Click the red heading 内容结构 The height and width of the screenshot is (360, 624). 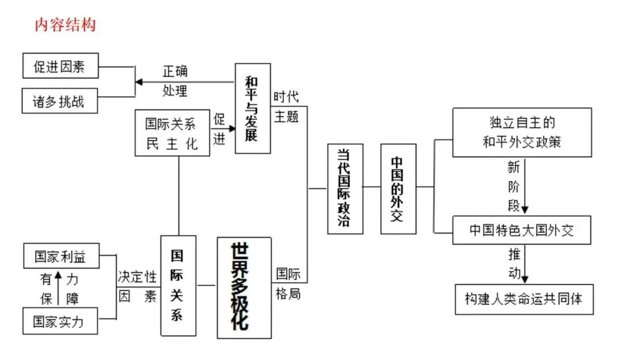(65, 25)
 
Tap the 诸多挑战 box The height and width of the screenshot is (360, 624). (60, 101)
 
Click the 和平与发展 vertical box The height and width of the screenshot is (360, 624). (252, 109)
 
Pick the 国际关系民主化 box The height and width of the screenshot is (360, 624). (171, 133)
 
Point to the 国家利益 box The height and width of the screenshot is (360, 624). (60, 257)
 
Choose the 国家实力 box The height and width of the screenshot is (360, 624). (60, 321)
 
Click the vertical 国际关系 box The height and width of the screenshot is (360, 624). (178, 285)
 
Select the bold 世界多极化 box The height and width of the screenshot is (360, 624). (244, 287)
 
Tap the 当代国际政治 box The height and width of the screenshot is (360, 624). (345, 189)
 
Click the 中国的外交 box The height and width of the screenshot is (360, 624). (398, 189)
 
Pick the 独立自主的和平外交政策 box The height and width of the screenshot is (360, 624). (522, 132)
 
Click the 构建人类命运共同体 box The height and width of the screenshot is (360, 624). (523, 299)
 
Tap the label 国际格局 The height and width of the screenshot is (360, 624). (288, 283)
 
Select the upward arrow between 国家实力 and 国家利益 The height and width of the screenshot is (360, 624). (58, 287)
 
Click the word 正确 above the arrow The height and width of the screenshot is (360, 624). (175, 72)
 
